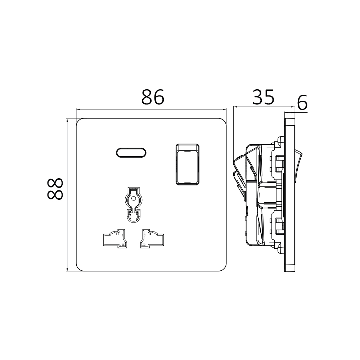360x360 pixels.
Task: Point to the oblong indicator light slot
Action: [x=132, y=153]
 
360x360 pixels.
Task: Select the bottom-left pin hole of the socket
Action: [x=114, y=239]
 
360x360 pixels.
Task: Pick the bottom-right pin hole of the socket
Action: [x=153, y=239]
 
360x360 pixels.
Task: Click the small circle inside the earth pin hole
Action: [x=133, y=198]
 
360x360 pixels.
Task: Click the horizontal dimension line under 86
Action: [x=151, y=109]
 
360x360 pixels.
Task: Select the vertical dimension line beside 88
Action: [x=67, y=194]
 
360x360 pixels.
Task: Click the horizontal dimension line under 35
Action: [x=263, y=107]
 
